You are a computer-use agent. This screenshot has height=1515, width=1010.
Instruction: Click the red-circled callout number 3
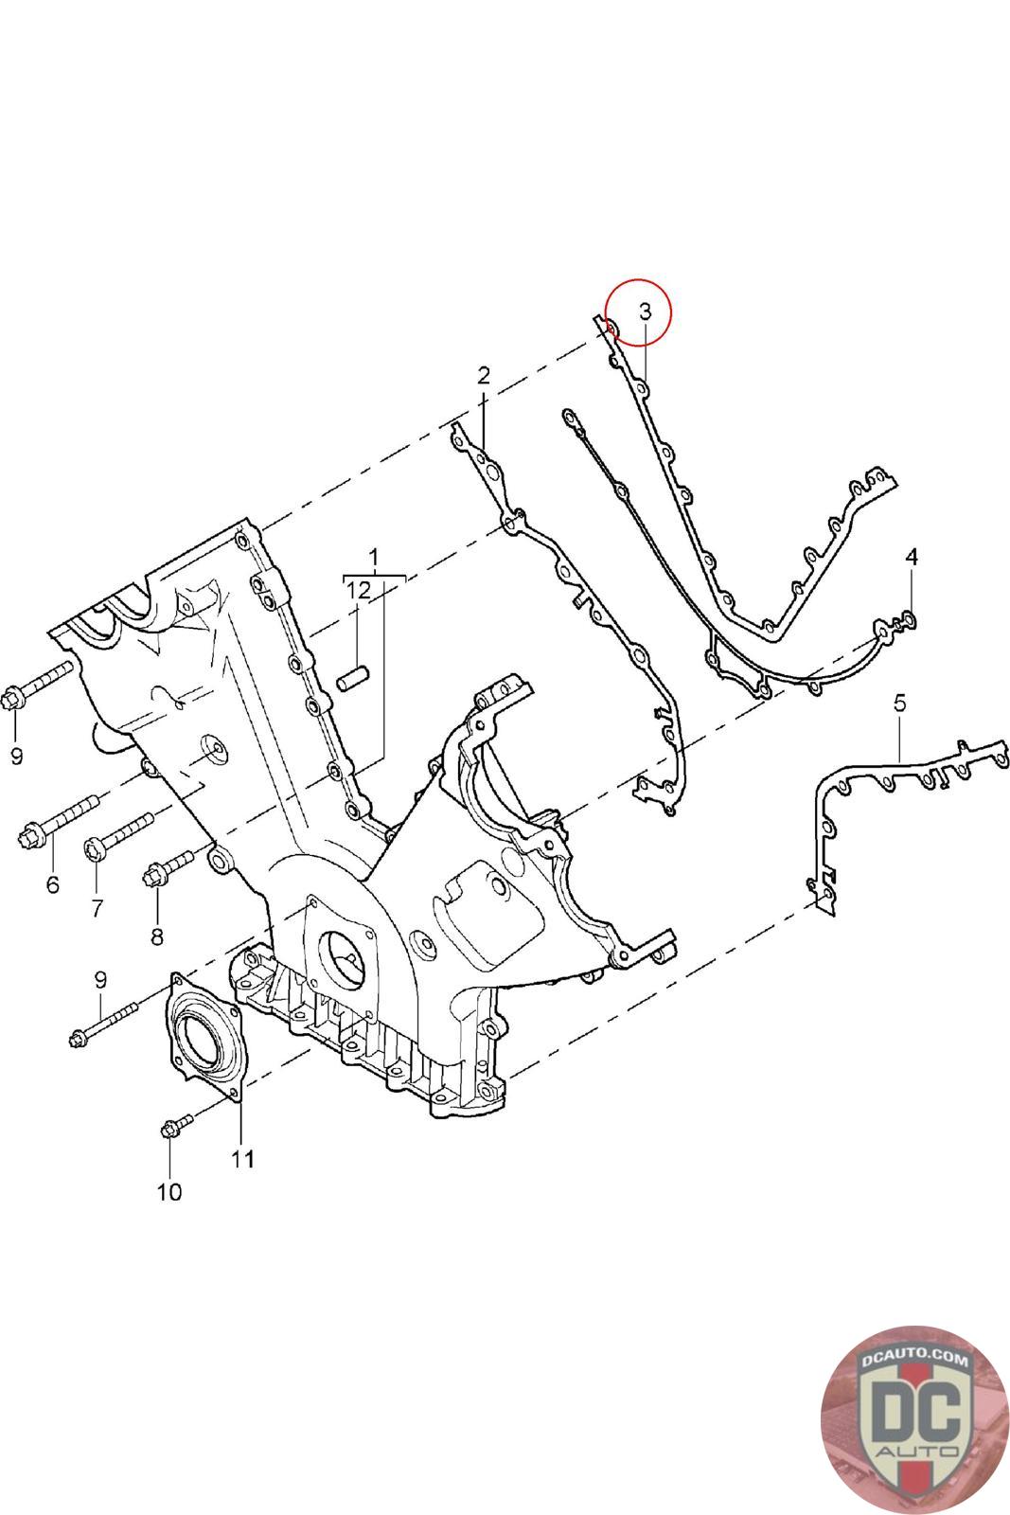645,311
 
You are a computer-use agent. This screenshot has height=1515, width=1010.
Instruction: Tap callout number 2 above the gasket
484,375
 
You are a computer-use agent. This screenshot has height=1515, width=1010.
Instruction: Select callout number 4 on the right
911,556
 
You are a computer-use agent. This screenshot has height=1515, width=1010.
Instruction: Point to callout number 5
899,703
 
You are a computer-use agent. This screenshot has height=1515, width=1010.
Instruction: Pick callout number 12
359,590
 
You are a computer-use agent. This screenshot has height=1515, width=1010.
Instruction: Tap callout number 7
97,908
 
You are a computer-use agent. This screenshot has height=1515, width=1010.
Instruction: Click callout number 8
156,936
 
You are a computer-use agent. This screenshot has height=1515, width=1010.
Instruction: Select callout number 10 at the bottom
168,1191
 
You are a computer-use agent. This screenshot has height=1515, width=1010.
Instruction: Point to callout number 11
242,1158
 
